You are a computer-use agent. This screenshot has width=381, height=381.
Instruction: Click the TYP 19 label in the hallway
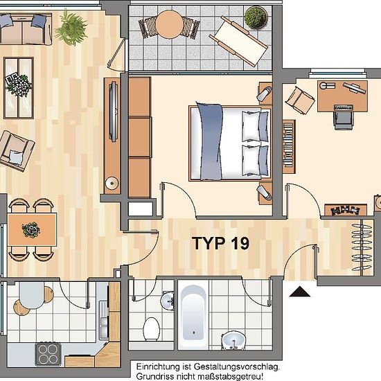tap(220, 243)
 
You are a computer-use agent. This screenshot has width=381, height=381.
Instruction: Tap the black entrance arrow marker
tap(300, 292)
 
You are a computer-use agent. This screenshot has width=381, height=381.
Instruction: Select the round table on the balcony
tap(169, 24)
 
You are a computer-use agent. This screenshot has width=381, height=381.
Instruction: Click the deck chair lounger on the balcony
tap(238, 41)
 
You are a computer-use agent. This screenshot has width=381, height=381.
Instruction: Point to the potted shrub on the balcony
tap(256, 17)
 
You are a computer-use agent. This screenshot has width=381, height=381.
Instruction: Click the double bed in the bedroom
tap(230, 143)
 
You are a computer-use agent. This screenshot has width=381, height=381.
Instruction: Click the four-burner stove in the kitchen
tap(48, 354)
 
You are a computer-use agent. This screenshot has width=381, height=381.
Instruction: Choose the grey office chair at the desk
tap(343, 117)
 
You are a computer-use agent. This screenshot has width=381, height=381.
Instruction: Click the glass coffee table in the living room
tap(19, 88)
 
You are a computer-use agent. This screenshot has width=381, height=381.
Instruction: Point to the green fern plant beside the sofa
tap(71, 28)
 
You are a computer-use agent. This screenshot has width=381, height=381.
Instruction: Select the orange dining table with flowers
tap(32, 229)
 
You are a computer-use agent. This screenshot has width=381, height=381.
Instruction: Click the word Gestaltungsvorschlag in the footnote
tap(237, 366)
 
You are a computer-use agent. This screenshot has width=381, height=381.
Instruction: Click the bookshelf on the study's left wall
tap(289, 147)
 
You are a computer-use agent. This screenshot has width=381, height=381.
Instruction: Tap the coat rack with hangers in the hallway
tap(362, 247)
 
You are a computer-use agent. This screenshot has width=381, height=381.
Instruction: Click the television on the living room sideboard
tap(114, 112)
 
